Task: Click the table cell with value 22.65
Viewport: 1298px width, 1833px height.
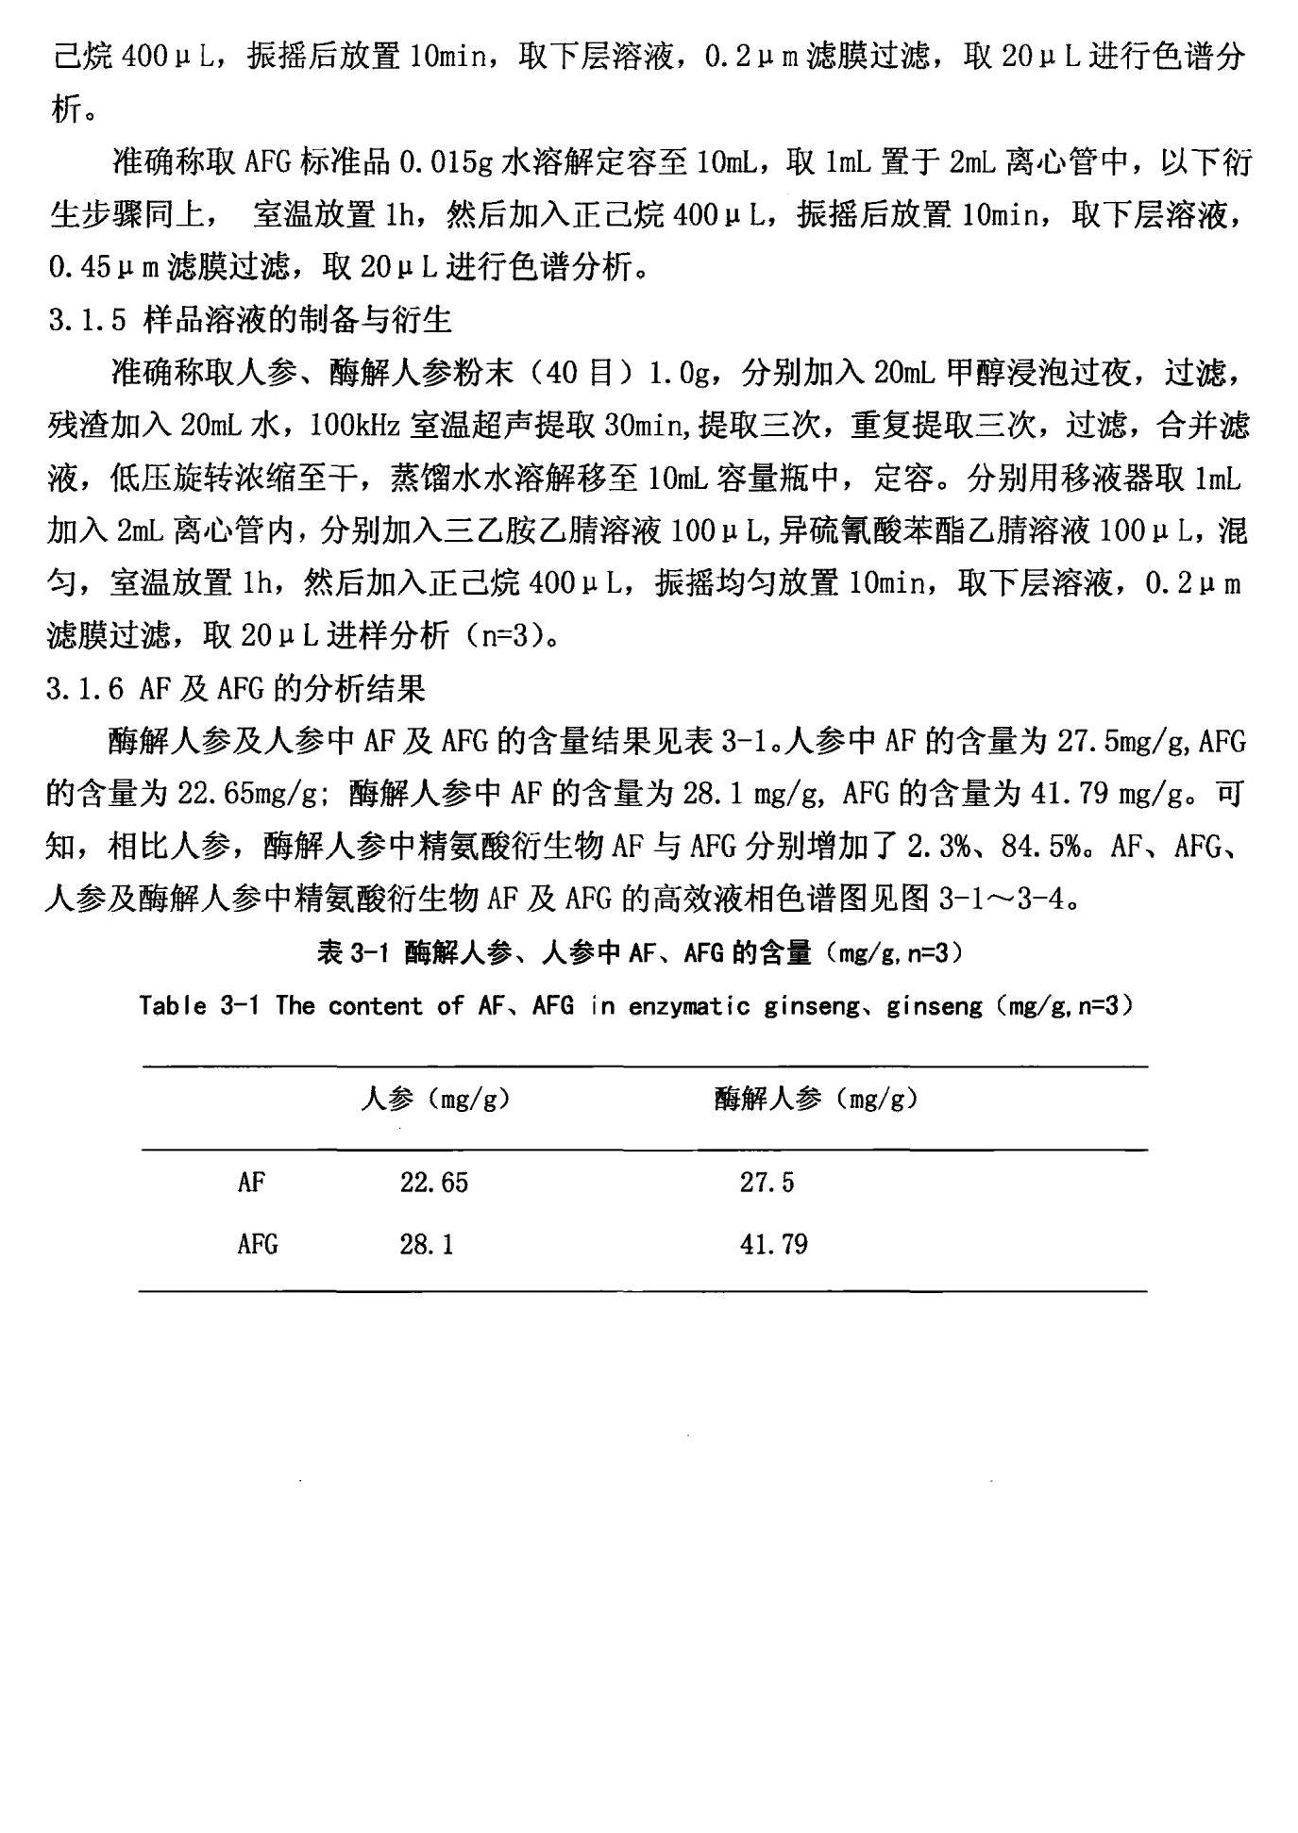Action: [x=433, y=1183]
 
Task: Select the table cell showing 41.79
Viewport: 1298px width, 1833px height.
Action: [x=773, y=1244]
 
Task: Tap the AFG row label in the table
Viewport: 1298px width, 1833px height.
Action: [x=257, y=1244]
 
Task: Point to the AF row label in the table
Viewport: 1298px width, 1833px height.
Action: [x=250, y=1183]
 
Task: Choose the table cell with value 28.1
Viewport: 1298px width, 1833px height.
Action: [x=426, y=1244]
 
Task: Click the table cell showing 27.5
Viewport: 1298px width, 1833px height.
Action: [x=767, y=1183]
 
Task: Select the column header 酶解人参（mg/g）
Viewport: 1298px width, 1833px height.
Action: [x=816, y=1099]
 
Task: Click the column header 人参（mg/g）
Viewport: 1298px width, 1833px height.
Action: [x=435, y=1099]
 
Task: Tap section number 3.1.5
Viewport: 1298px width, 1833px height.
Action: [x=86, y=321]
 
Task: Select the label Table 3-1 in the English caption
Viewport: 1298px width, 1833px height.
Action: [x=198, y=1006]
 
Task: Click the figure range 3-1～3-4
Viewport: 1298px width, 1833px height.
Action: [x=1007, y=899]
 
